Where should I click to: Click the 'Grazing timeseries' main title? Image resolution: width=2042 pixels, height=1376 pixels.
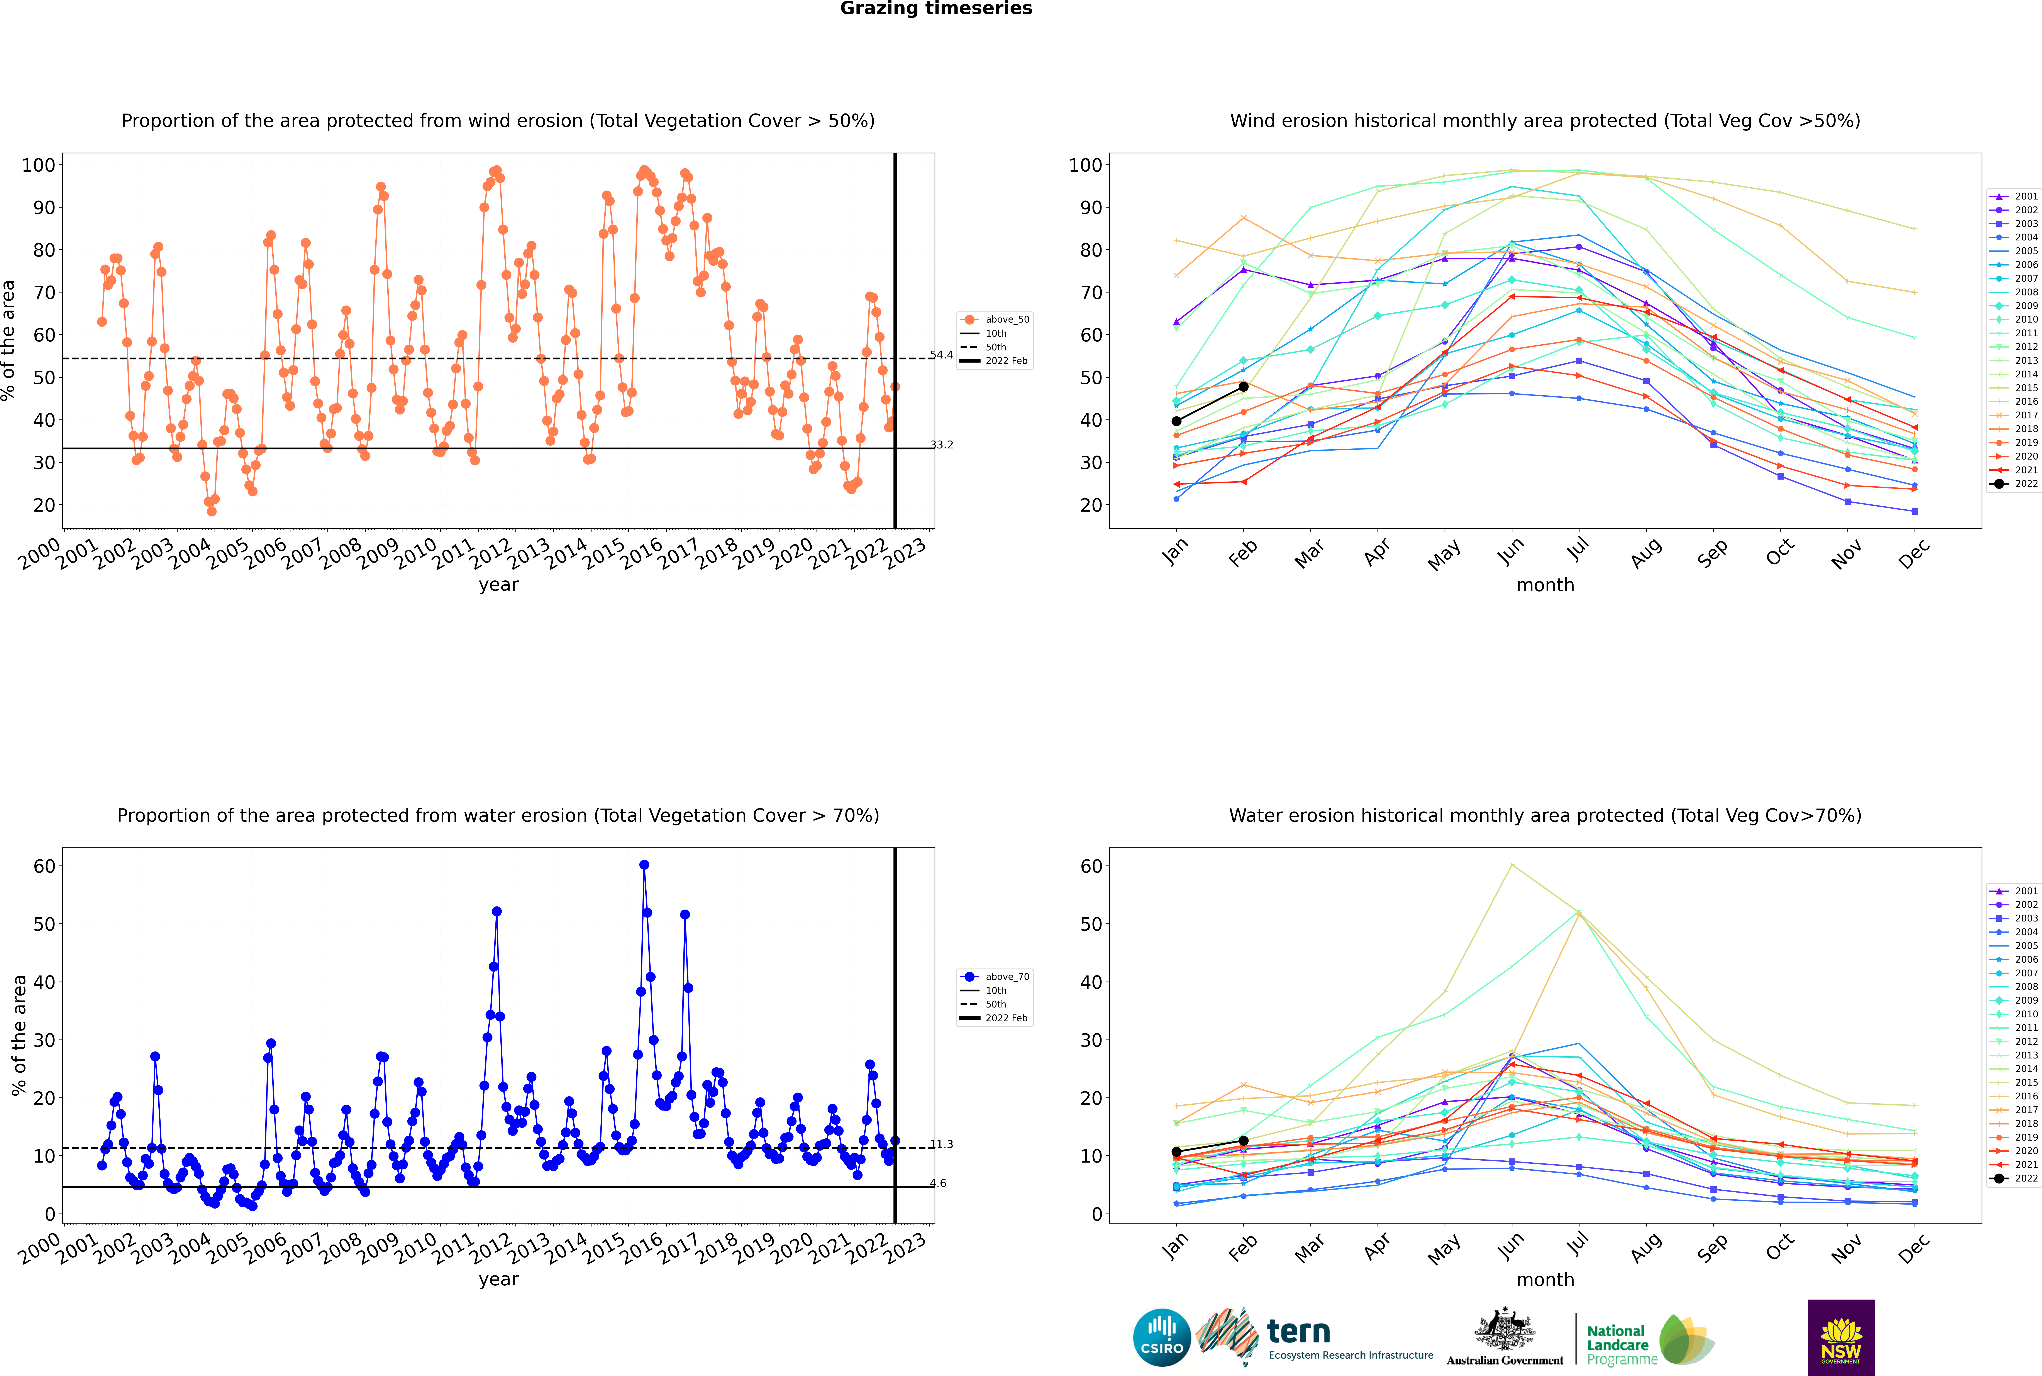[x=936, y=9]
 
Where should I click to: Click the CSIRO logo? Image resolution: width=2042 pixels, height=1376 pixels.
[x=1161, y=1337]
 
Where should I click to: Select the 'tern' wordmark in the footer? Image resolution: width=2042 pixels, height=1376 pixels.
[x=1298, y=1332]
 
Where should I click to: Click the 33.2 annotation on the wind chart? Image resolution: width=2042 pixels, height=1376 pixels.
[x=941, y=445]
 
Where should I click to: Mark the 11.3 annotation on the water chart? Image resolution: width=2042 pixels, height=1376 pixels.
[x=941, y=1144]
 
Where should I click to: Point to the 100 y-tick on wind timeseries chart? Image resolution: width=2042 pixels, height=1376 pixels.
[x=39, y=165]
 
